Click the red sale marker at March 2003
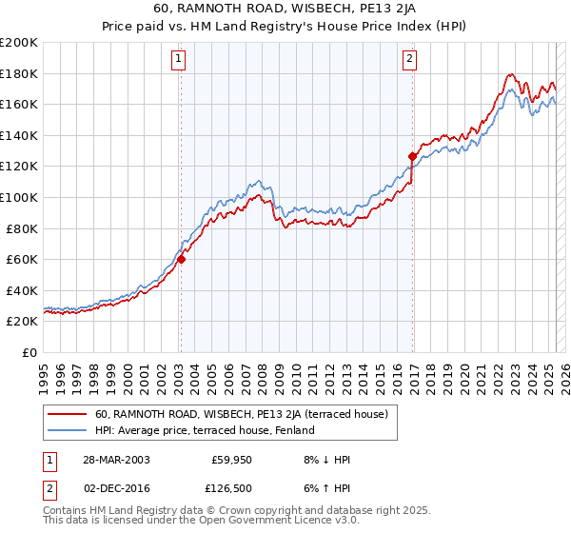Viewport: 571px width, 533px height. tap(181, 259)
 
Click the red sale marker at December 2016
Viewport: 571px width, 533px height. tap(412, 156)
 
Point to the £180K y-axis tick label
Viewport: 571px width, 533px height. tap(19, 73)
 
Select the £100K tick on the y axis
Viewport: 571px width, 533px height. tap(19, 197)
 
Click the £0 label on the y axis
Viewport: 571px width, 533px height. tap(29, 352)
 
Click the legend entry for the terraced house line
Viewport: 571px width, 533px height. tap(242, 414)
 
